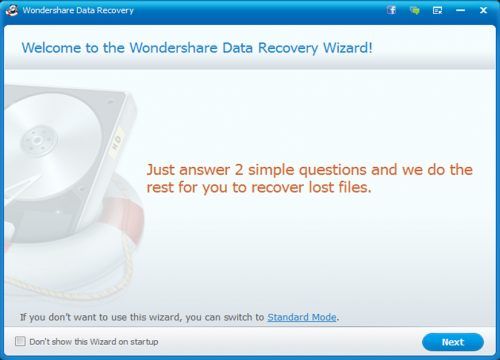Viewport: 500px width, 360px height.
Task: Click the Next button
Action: [x=453, y=342]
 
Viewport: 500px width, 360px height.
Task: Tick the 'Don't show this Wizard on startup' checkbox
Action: [x=20, y=342]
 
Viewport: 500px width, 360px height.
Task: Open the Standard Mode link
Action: [x=302, y=318]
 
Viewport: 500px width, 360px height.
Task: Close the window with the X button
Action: [x=484, y=10]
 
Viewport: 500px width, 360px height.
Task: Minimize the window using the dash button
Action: [x=461, y=10]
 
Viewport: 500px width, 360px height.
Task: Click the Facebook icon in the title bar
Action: [x=391, y=10]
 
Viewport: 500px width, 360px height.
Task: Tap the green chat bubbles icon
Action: [x=414, y=10]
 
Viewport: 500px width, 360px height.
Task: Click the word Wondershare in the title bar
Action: [x=54, y=10]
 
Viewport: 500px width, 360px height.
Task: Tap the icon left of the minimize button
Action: [x=438, y=10]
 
